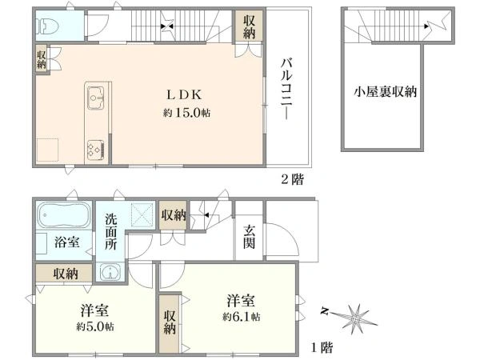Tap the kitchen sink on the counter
[95, 98]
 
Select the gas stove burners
[95, 150]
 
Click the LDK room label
[184, 95]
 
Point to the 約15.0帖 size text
[186, 113]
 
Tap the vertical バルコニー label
[287, 89]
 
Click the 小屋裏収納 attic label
[385, 91]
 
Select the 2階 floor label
[293, 179]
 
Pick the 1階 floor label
[322, 347]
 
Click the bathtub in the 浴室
[64, 215]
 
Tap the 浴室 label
[67, 242]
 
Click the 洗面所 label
[111, 232]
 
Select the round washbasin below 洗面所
[110, 271]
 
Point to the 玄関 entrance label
[249, 237]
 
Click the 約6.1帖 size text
[242, 316]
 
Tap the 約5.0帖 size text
[95, 326]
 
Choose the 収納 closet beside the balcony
[249, 27]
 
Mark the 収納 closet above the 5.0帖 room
[64, 274]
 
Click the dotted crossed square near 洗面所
[142, 214]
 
